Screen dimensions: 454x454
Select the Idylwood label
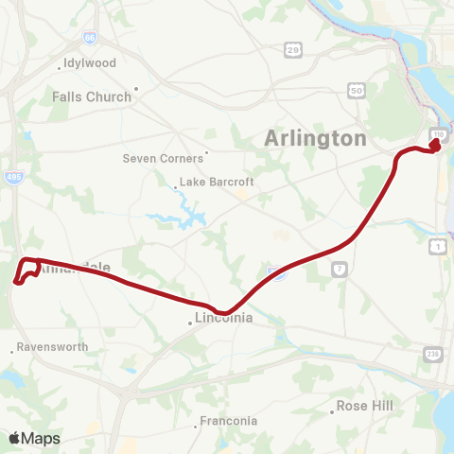[x=89, y=63]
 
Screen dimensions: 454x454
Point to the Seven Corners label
[x=163, y=158]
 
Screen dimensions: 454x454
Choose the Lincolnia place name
[x=223, y=318]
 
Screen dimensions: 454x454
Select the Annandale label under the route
[x=76, y=269]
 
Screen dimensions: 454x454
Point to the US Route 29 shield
[x=294, y=48]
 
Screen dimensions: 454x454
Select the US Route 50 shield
[x=356, y=90]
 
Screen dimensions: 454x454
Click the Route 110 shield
[x=437, y=133]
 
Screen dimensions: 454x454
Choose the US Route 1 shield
[x=439, y=246]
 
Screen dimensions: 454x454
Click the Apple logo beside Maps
[x=15, y=438]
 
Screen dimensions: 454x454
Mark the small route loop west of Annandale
[x=26, y=270]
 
